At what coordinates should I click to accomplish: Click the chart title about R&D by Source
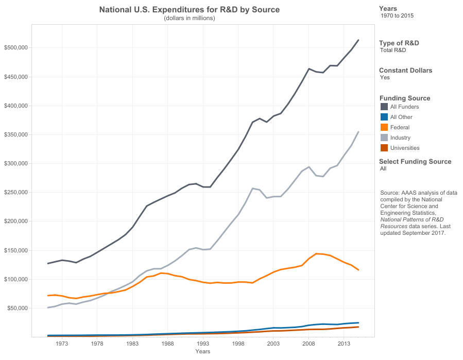click(189, 10)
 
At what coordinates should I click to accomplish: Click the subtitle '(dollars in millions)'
click(189, 18)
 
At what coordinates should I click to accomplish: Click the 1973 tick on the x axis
click(62, 344)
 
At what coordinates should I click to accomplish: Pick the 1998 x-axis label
click(238, 344)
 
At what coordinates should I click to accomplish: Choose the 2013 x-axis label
click(344, 344)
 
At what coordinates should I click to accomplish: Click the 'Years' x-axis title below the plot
click(203, 351)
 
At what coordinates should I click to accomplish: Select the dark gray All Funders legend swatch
click(384, 107)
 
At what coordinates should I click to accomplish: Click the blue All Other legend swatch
click(384, 117)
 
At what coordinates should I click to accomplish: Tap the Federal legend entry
click(400, 127)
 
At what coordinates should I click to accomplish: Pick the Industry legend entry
click(400, 138)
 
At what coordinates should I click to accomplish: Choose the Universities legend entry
click(405, 148)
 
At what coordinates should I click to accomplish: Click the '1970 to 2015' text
click(397, 15)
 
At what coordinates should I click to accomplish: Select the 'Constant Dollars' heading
click(405, 71)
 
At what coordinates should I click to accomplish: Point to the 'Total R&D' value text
click(393, 50)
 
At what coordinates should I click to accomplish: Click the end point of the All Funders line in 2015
click(358, 40)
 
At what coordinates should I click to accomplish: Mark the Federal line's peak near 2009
click(316, 253)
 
